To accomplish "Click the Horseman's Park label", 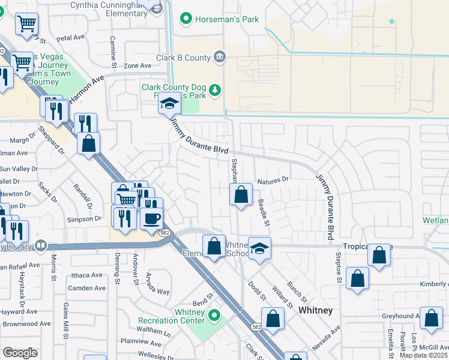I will pos(227,20).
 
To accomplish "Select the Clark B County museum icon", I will pos(220,58).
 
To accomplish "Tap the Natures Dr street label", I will pos(273,179).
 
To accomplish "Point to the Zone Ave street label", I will pos(137,65).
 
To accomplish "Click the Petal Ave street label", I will pos(70,37).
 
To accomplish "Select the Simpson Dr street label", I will pos(85,219).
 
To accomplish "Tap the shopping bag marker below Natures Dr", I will pos(241,194).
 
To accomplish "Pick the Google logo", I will pos(20,353).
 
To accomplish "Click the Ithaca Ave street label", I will pos(86,275).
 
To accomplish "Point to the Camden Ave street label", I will pos(86,288).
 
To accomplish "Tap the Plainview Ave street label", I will pos(142,344).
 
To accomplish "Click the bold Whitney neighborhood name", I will pos(315,310).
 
